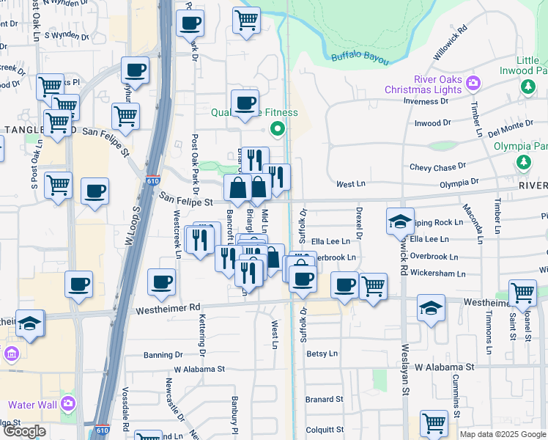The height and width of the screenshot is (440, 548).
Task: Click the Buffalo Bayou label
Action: (359, 57)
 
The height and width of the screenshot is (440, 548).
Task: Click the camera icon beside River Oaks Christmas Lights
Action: (473, 82)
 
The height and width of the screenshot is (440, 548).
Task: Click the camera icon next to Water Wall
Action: (68, 403)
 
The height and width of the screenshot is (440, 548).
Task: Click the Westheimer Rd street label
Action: (168, 309)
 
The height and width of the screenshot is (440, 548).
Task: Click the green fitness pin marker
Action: (278, 131)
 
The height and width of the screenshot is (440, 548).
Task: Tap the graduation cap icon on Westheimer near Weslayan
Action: (431, 309)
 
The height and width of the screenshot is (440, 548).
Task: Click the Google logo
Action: (24, 431)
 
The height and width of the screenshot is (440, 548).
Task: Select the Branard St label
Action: (325, 400)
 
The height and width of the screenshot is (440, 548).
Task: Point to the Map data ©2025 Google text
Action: (503, 434)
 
